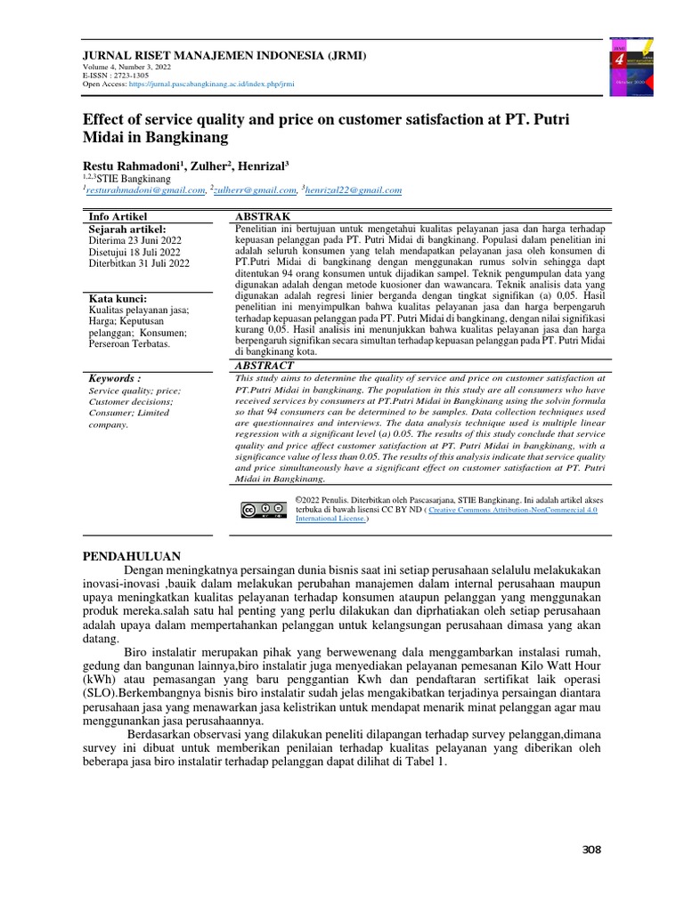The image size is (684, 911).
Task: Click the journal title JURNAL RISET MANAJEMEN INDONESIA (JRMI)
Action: pyautogui.click(x=224, y=55)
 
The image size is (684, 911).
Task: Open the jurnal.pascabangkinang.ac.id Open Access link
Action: pyautogui.click(x=211, y=85)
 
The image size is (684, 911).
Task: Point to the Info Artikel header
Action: pyautogui.click(x=118, y=216)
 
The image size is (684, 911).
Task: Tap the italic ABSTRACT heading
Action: pyautogui.click(x=264, y=365)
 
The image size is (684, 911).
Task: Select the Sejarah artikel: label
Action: pyautogui.click(x=128, y=229)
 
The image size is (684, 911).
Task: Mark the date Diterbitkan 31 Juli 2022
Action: pyautogui.click(x=139, y=263)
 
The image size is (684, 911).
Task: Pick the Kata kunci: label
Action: pyautogui.click(x=118, y=298)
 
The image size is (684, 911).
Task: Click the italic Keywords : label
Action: pyautogui.click(x=115, y=378)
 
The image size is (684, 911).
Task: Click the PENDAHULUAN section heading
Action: pyautogui.click(x=132, y=556)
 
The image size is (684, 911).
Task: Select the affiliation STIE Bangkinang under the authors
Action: pyautogui.click(x=133, y=178)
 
